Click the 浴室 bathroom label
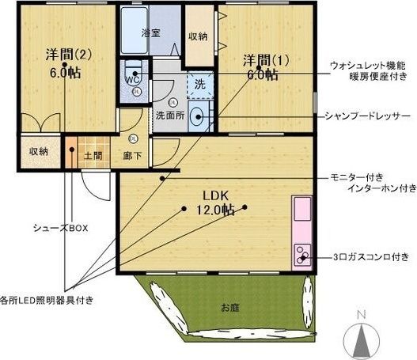point(151,33)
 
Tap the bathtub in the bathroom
point(135,30)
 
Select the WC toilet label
point(132,80)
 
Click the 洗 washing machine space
point(200,85)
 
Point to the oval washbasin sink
point(196,117)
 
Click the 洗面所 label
point(170,116)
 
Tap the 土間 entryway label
point(93,156)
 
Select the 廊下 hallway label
point(132,156)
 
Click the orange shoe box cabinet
point(71,152)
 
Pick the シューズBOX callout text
point(61,228)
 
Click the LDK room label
point(216,195)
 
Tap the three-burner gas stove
point(303,255)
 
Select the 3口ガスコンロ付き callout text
point(371,257)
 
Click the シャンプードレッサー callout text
point(368,116)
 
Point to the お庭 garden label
point(230,308)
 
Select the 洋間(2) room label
point(69,55)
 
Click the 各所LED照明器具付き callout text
point(47,301)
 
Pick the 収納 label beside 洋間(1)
point(198,36)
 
